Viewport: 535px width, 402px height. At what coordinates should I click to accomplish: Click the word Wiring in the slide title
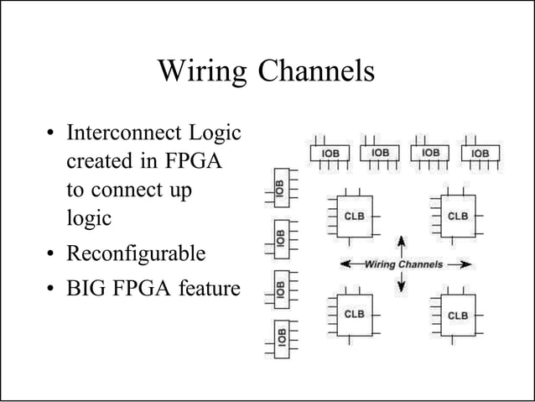click(x=202, y=71)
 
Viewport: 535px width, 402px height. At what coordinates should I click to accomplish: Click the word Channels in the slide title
click(x=316, y=70)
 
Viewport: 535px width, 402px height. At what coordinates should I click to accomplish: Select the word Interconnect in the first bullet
click(x=124, y=132)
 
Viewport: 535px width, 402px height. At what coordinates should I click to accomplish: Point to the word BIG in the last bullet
click(x=86, y=288)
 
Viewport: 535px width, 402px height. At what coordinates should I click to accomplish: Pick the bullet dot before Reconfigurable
click(x=50, y=253)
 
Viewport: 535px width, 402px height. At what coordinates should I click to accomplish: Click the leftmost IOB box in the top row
click(x=330, y=153)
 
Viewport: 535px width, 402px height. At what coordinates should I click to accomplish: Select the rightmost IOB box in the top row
click(x=480, y=153)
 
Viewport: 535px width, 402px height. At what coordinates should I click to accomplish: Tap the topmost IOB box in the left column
click(x=282, y=188)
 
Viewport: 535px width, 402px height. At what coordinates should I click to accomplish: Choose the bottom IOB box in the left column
click(x=282, y=339)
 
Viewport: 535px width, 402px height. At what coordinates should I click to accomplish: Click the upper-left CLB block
click(x=355, y=217)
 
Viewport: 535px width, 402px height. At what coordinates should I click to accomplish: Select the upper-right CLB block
click(x=458, y=217)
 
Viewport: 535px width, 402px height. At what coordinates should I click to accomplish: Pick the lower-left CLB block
click(x=355, y=315)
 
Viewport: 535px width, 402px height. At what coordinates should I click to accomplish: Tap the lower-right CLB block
click(x=458, y=316)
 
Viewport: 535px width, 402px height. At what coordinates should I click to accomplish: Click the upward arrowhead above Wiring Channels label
click(x=402, y=241)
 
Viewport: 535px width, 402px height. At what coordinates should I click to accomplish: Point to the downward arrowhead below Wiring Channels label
click(x=402, y=287)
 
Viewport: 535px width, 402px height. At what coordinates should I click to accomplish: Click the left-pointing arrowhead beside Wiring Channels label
click(x=345, y=264)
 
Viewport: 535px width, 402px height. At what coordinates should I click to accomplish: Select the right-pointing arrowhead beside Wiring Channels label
click(x=466, y=264)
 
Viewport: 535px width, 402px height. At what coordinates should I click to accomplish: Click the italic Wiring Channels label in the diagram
click(x=403, y=264)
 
